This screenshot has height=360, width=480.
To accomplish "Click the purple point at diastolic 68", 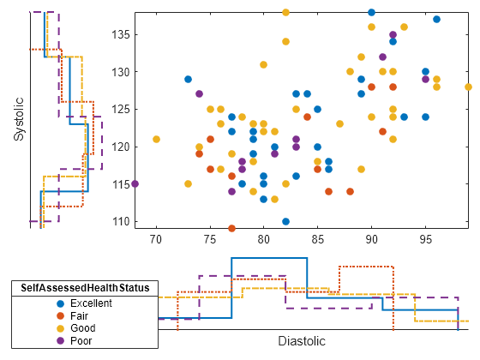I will coord(135,184).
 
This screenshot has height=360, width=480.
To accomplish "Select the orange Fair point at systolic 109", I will coord(231,229).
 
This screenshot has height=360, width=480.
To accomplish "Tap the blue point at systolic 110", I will coord(285,221).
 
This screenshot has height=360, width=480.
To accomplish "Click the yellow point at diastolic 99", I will coord(469,87).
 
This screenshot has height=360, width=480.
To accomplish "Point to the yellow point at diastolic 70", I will coord(156,139).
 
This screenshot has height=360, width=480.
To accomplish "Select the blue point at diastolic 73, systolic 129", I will coord(189,79).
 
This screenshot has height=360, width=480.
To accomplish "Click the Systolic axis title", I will coord(18,119).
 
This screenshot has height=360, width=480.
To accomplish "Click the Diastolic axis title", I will coord(302,341).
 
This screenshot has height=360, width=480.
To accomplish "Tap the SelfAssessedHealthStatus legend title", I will coord(83,287).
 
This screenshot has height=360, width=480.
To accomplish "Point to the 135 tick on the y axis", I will coord(135,34).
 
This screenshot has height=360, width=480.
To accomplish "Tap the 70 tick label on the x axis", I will coord(156,237).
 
